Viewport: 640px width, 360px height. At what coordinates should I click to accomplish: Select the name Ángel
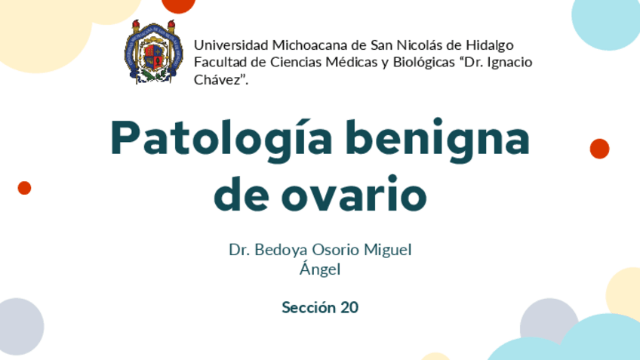(x=320, y=269)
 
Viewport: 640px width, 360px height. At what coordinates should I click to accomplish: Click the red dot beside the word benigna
(x=599, y=149)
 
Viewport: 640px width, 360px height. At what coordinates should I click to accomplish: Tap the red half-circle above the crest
(x=178, y=5)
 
